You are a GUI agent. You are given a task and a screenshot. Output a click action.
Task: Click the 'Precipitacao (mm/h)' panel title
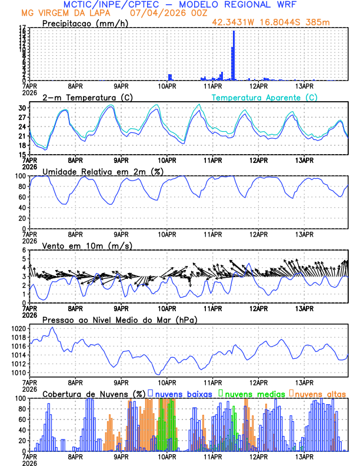85,24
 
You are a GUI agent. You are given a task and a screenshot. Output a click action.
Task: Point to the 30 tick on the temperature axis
22,108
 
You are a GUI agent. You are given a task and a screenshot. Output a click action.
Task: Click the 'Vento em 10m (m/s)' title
87,245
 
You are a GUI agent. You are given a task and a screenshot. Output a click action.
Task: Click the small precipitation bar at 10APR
169,77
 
